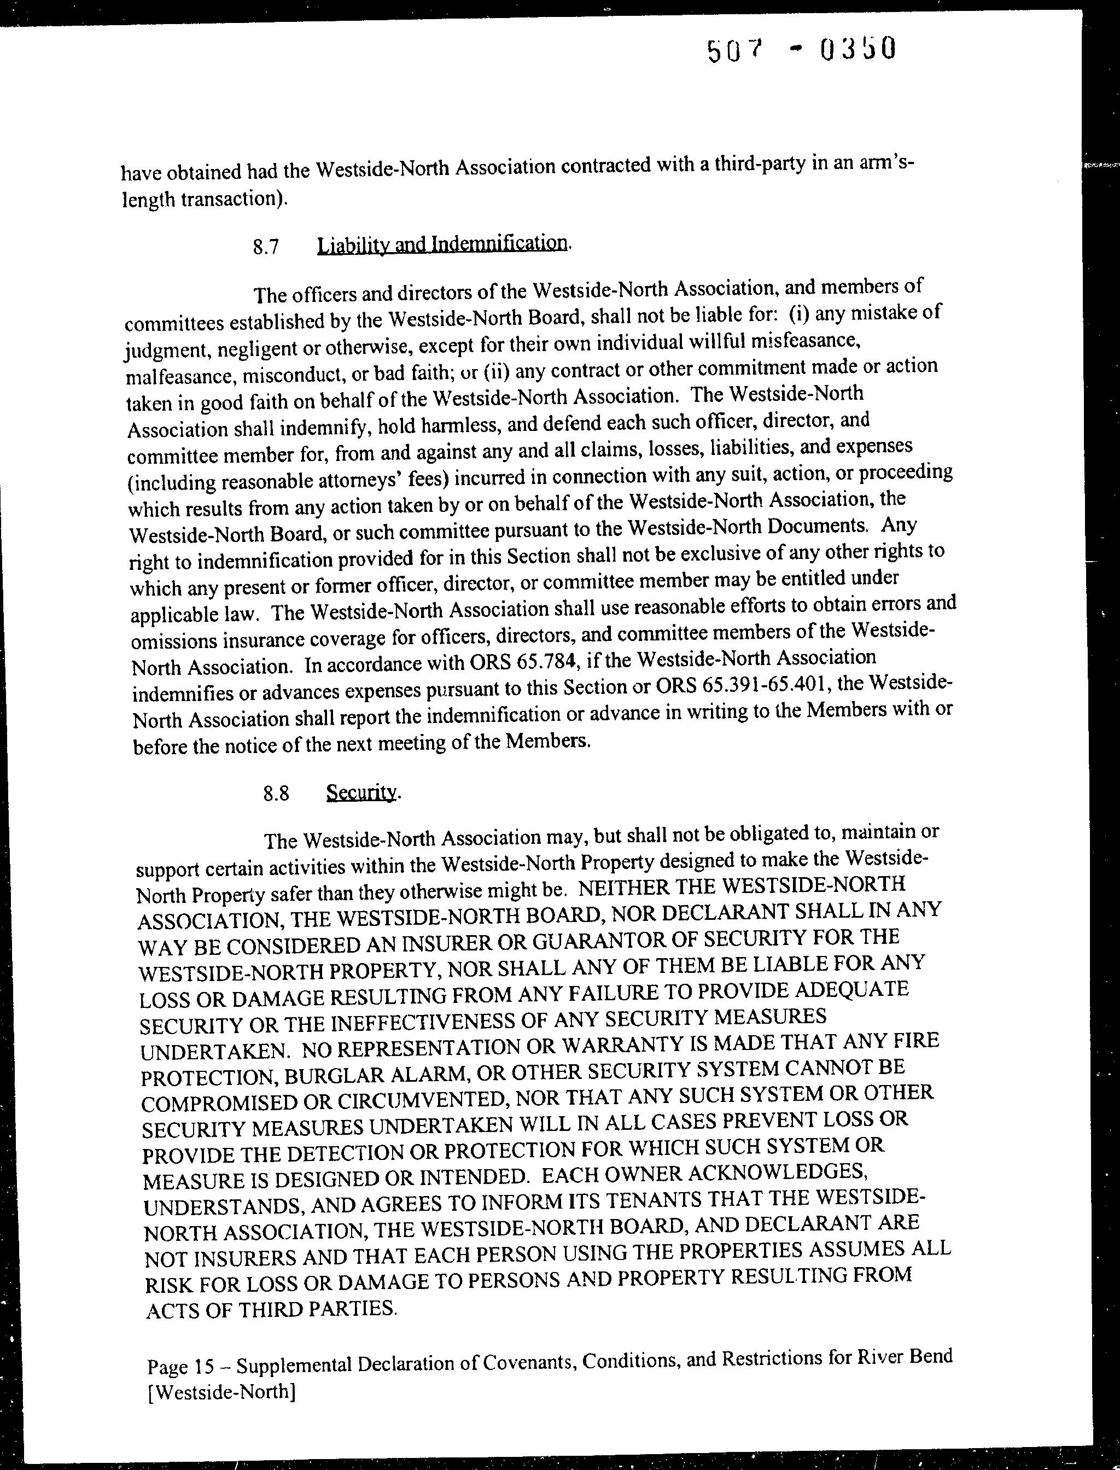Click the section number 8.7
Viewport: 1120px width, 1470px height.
click(x=265, y=247)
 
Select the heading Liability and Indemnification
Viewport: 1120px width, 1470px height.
click(x=442, y=243)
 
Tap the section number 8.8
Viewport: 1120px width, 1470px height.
click(x=275, y=794)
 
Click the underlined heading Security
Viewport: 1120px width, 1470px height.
click(x=361, y=792)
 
